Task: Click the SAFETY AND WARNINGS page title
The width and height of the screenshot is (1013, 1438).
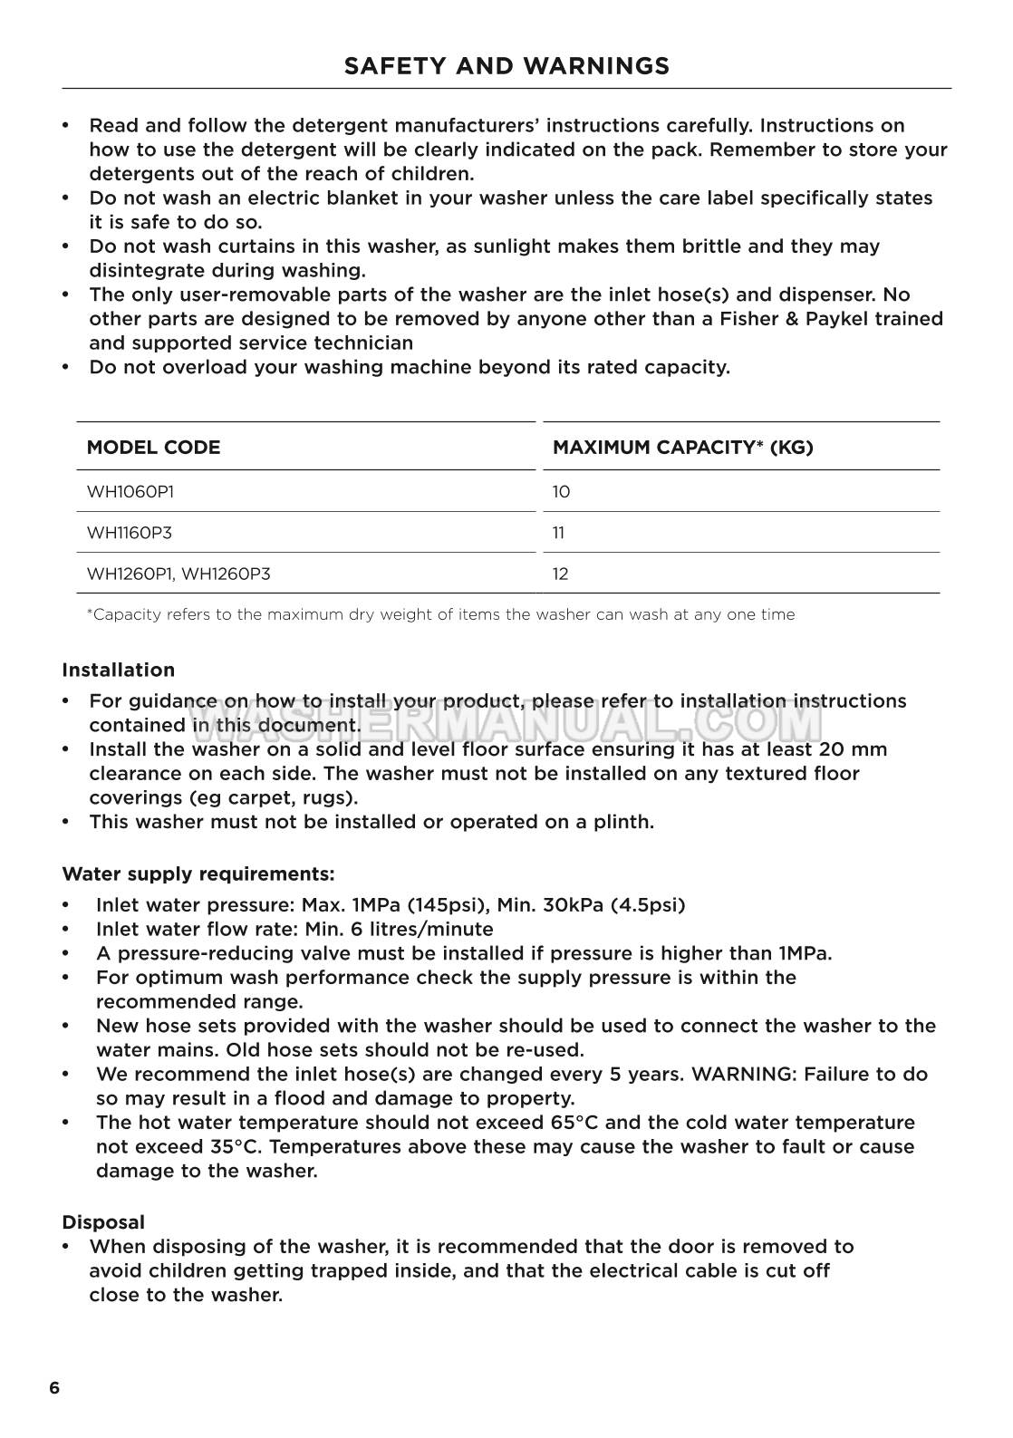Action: [x=506, y=66]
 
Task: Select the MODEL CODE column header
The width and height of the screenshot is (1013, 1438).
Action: [x=153, y=448]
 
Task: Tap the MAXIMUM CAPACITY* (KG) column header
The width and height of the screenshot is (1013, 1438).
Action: [x=682, y=448]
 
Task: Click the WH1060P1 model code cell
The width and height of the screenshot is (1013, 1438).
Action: [x=130, y=492]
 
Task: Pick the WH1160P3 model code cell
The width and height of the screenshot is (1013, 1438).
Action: [x=129, y=533]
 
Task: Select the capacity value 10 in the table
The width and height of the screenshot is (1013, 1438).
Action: [x=561, y=492]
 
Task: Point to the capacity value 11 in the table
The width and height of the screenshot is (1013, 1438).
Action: [x=559, y=533]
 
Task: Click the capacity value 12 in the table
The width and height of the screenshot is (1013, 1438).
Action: [x=561, y=574]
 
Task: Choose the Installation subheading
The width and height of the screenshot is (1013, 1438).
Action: [x=118, y=671]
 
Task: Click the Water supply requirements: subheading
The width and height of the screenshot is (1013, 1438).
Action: [x=198, y=874]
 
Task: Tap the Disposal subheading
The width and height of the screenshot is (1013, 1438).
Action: [x=102, y=1222]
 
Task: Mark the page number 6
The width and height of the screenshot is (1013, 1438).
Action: [x=54, y=1389]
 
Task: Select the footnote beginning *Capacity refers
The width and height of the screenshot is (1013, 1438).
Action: [x=440, y=614]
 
